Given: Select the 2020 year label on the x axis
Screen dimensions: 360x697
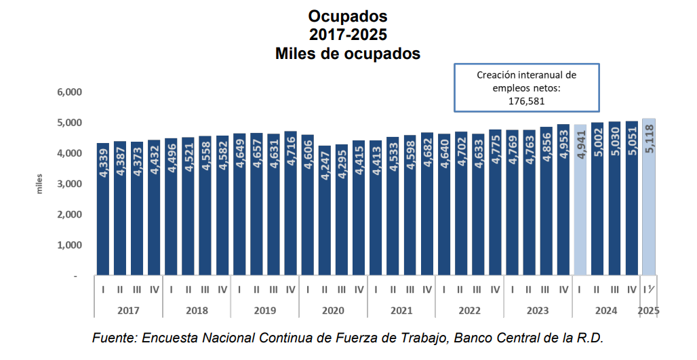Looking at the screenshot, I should [x=333, y=311].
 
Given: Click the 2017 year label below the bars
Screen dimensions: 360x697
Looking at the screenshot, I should [x=128, y=311].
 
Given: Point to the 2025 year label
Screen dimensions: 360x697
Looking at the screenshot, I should [x=649, y=311].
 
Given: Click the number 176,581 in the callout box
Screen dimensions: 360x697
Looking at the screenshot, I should [x=526, y=100].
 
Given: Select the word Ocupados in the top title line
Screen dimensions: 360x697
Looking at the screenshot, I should [x=348, y=16].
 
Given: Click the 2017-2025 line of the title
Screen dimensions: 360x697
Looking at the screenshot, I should [x=348, y=35].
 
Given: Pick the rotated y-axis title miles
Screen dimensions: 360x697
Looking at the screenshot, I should [x=40, y=184].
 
